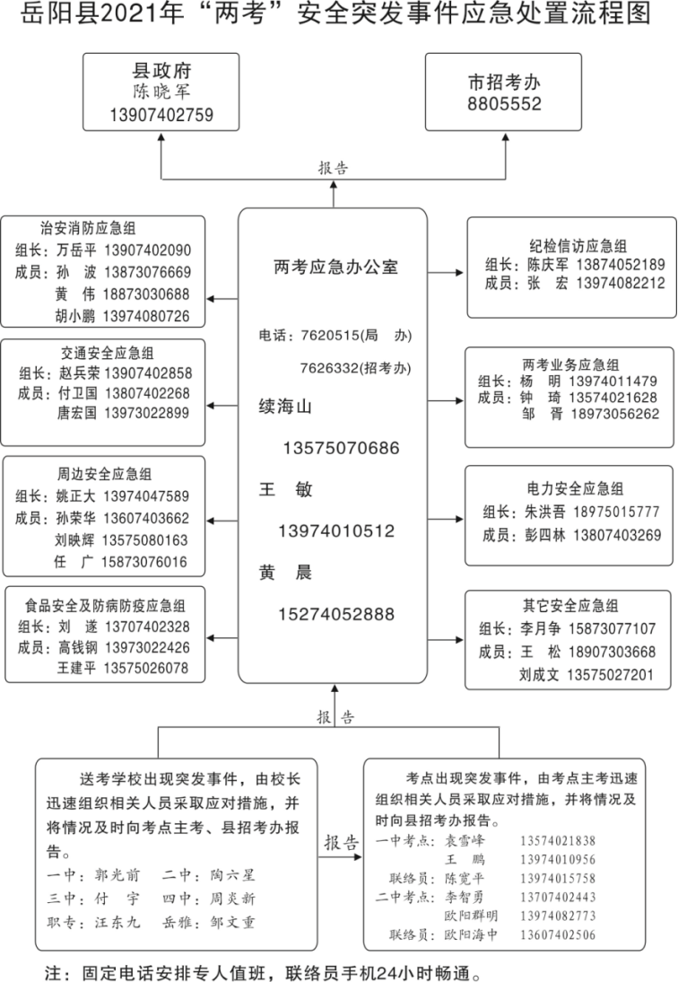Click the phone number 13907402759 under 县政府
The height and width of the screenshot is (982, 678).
(x=161, y=115)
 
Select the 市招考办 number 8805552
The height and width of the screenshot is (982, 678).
(x=504, y=104)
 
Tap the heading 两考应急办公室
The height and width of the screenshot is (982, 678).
(x=335, y=267)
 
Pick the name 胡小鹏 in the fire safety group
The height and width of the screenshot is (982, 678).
(x=75, y=316)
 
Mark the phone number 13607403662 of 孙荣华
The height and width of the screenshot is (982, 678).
(x=145, y=518)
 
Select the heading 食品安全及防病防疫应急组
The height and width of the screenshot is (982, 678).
(x=106, y=605)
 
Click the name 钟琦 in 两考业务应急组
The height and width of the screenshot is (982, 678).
(x=535, y=397)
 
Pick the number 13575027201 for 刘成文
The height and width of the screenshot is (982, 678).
(x=609, y=675)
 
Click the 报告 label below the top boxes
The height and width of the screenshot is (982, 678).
(x=334, y=168)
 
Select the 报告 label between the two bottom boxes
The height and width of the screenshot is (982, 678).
(x=341, y=844)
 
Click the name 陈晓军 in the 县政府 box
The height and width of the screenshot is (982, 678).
(x=161, y=92)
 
